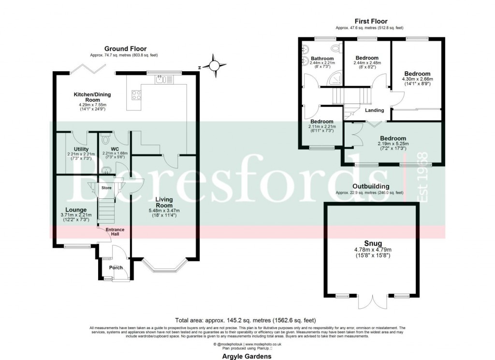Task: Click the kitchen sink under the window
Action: (x=161, y=79)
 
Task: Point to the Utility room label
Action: (x=81, y=149)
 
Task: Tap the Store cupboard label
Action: (x=106, y=188)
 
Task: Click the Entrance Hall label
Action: (x=115, y=232)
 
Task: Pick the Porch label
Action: (x=116, y=268)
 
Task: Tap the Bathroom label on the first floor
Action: (x=322, y=59)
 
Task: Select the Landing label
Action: (x=374, y=110)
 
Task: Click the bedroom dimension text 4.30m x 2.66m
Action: (x=417, y=79)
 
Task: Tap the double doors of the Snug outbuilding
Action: (x=373, y=302)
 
